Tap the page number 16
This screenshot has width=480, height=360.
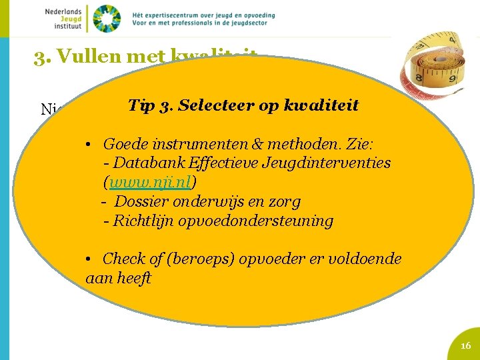[465, 345]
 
